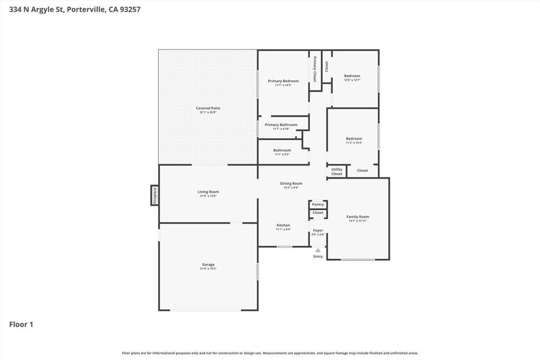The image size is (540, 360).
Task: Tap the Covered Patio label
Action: coord(208,108)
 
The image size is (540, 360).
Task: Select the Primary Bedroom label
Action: coord(283,81)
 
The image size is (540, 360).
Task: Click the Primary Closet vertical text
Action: coord(315,69)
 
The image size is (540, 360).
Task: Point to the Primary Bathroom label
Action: coord(281,125)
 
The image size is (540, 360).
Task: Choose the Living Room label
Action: coord(208,192)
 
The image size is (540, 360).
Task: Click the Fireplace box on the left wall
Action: coord(155,196)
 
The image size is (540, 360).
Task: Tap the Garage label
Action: coord(208,265)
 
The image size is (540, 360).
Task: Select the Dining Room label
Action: coord(291,183)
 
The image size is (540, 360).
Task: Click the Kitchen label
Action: coord(283,225)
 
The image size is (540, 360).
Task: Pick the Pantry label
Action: coord(318,205)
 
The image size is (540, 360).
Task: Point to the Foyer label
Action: coord(318,230)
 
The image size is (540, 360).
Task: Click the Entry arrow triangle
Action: coord(318,250)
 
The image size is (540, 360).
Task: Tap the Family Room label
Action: coord(358,217)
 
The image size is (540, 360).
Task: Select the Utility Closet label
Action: coord(337,172)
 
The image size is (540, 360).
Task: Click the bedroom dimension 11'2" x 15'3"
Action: coord(354,143)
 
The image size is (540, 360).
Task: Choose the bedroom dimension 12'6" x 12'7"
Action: coord(352,80)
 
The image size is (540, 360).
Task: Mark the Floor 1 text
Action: coord(21,325)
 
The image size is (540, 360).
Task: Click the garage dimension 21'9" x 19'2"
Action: coord(208,269)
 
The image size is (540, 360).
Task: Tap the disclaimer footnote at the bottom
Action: coord(270,353)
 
